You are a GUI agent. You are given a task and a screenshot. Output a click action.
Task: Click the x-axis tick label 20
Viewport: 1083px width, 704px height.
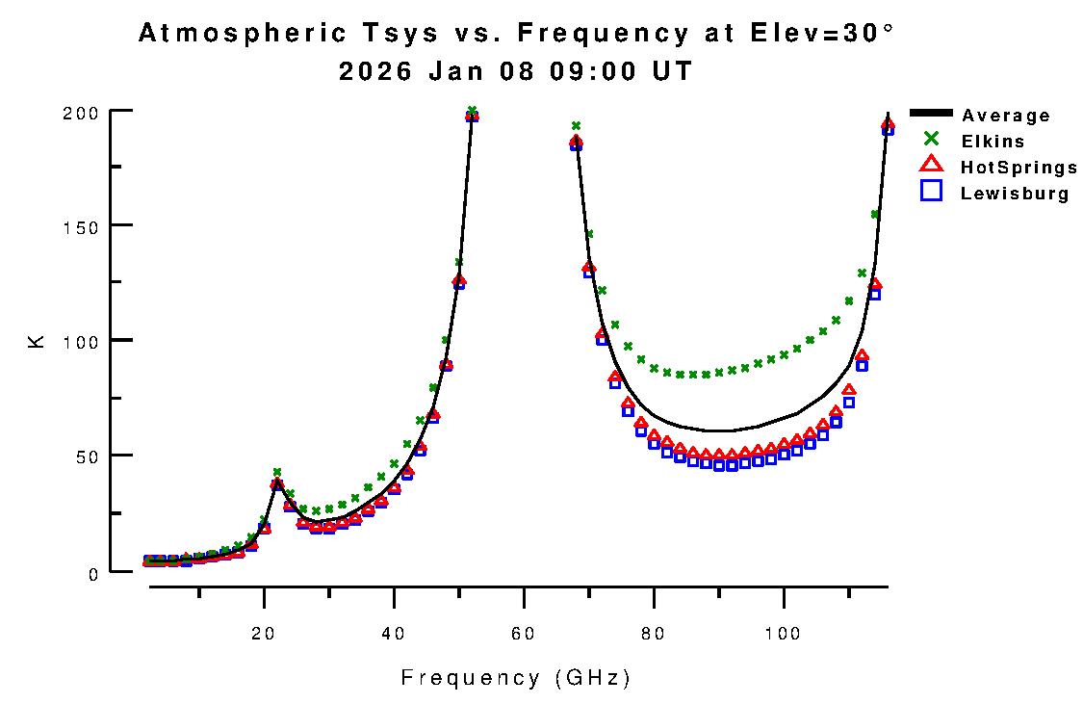tap(264, 633)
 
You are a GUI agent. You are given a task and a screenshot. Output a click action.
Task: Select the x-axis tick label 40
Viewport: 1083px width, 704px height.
tap(394, 633)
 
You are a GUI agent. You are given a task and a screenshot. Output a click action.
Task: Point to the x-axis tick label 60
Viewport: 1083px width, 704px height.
tap(524, 633)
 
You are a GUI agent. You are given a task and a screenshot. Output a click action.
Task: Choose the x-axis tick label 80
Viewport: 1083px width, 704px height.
tap(654, 633)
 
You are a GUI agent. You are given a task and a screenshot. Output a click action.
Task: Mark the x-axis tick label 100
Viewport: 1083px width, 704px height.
tap(784, 633)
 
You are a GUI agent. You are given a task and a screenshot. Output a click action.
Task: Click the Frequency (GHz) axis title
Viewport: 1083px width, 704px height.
tap(516, 678)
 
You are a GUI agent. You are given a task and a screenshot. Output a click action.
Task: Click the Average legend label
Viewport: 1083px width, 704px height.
tap(1006, 116)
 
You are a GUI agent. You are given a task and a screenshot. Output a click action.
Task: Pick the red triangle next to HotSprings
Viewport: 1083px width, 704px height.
tap(931, 166)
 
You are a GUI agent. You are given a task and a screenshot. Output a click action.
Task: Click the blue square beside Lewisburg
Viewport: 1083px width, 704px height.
tap(931, 192)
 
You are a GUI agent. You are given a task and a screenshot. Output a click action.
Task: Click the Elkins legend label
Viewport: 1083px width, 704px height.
tap(993, 142)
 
